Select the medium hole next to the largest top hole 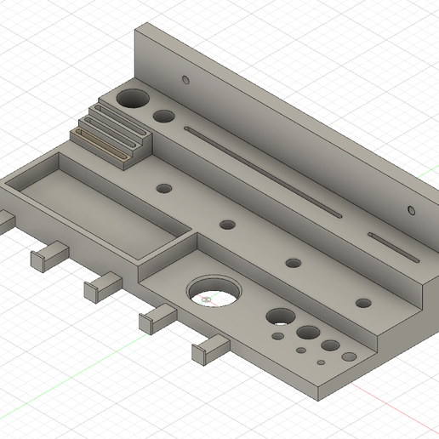[164, 117]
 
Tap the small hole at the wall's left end [185, 80]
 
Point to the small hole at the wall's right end [412, 209]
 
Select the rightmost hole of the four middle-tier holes [363, 302]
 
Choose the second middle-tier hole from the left [227, 225]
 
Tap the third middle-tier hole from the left [294, 263]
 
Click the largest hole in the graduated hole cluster [278, 317]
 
